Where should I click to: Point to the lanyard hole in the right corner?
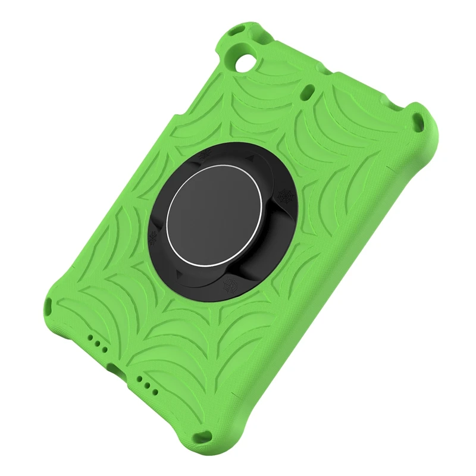pyautogui.click(x=420, y=121)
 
